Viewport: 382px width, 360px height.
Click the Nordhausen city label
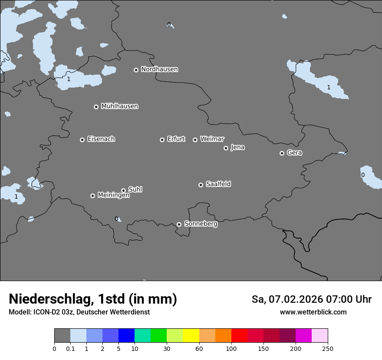point(159,69)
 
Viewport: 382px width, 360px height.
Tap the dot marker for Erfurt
point(162,140)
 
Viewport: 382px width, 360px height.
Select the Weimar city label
point(212,139)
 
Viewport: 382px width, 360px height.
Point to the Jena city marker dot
point(226,148)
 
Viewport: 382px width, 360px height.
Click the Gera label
point(294,153)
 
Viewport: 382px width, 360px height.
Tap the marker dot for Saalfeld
point(201,185)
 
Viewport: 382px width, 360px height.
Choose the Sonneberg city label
point(201,224)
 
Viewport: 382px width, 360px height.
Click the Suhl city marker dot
point(123,190)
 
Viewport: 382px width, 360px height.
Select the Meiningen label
point(113,195)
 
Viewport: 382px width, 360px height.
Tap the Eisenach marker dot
point(82,140)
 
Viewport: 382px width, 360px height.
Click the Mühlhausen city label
point(119,106)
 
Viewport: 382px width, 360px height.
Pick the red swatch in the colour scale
point(239,336)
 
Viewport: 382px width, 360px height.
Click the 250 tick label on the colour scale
point(328,348)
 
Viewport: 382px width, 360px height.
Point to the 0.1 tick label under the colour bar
point(70,348)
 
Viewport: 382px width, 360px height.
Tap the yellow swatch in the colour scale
point(191,336)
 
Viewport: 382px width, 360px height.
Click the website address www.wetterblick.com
point(313,312)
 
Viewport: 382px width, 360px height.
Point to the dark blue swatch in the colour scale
point(126,336)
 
